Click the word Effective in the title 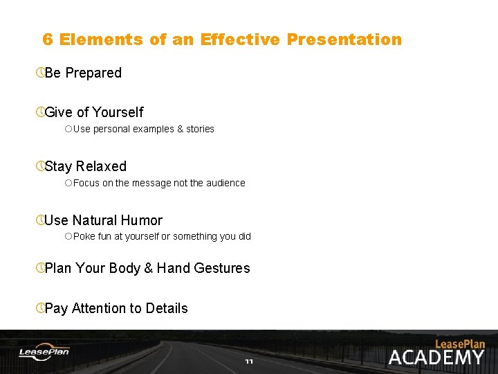[x=240, y=39]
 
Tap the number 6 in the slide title [x=48, y=39]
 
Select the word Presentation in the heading [x=344, y=39]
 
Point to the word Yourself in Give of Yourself [x=118, y=112]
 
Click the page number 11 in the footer [x=249, y=362]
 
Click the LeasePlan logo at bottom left [x=44, y=353]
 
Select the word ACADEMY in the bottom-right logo [x=436, y=357]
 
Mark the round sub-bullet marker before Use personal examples [x=68, y=129]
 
